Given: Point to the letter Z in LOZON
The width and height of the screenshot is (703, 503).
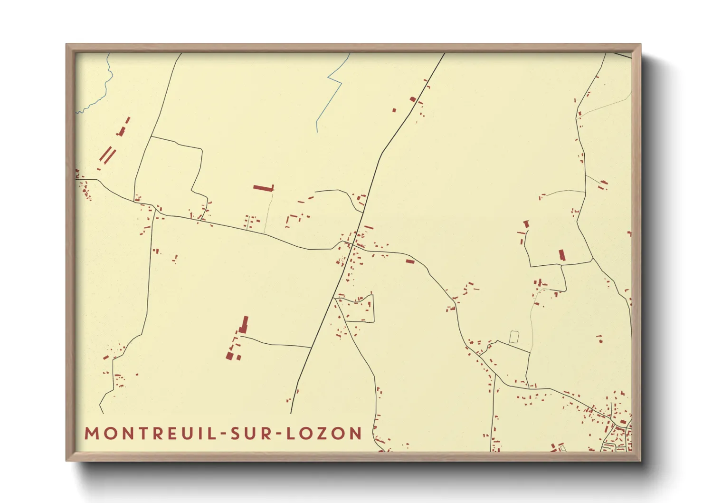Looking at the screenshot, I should (324, 434).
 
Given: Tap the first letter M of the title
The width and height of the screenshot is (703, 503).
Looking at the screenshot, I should (92, 434).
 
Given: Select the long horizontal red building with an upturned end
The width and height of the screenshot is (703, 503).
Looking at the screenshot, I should (264, 188).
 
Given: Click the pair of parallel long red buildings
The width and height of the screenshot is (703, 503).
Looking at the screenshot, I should (108, 155).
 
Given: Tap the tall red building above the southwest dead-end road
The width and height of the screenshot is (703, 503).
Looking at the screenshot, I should (244, 324).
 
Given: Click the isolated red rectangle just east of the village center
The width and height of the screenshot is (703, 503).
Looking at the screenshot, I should (410, 261).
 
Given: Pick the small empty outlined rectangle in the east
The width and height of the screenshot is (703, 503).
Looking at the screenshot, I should (513, 337).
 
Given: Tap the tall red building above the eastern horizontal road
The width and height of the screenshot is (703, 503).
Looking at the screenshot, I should (562, 255).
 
